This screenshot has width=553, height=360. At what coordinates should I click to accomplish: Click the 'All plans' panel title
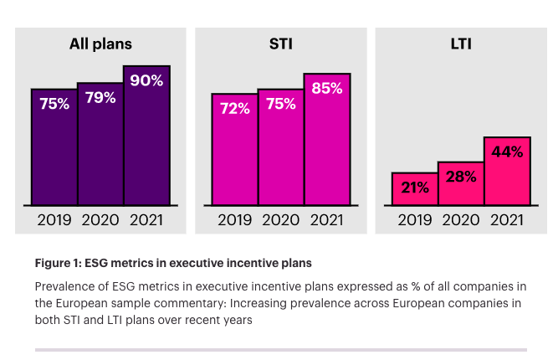point(100,44)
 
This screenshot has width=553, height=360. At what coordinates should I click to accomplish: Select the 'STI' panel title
point(280,44)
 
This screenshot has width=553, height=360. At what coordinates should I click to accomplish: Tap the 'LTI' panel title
point(460,44)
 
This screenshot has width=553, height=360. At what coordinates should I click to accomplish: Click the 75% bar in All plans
point(54,147)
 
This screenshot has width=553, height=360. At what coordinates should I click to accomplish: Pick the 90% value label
point(146,81)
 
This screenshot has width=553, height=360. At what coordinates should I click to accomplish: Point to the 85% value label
point(326,90)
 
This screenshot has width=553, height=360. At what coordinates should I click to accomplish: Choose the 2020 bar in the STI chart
point(280,147)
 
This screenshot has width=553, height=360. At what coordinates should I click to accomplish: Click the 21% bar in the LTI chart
point(415,188)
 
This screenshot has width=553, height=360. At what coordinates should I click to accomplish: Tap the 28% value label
point(460,177)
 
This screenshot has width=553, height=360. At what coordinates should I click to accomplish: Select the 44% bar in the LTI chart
point(506,172)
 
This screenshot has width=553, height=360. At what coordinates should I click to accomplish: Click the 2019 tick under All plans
point(54,220)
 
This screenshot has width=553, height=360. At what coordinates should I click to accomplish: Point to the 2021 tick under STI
point(326,220)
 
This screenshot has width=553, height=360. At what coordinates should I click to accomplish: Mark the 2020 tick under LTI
point(460,220)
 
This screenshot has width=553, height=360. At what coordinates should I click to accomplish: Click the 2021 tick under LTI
point(506,220)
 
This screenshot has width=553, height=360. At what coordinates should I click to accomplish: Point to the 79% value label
point(100,98)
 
